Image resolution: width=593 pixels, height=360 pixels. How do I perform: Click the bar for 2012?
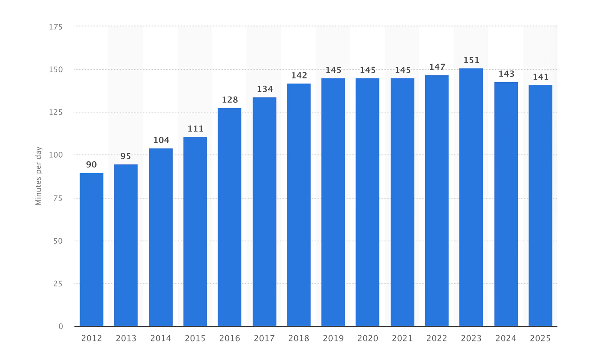click(x=91, y=249)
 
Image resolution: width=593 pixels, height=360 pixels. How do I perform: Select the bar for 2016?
click(x=230, y=217)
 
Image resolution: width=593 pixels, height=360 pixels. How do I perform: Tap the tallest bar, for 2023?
click(x=471, y=197)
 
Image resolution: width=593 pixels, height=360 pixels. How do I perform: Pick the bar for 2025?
click(x=540, y=205)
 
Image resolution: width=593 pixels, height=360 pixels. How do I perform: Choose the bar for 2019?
click(x=333, y=202)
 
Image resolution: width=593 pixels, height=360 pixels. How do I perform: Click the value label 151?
click(x=471, y=60)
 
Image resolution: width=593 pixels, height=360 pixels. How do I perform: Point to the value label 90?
click(x=91, y=165)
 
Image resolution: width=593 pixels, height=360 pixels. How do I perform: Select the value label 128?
click(x=230, y=100)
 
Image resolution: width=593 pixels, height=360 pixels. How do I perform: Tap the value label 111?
click(x=195, y=129)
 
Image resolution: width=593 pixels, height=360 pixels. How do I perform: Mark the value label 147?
click(x=437, y=67)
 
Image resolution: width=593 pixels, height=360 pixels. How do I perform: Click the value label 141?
click(x=541, y=77)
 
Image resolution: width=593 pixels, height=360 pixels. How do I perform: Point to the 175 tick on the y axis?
click(x=56, y=27)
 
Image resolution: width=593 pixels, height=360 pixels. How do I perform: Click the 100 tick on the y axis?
click(x=56, y=155)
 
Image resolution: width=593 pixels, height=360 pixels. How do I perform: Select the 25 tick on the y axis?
click(x=58, y=284)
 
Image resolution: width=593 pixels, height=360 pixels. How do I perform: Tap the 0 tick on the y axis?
click(x=61, y=327)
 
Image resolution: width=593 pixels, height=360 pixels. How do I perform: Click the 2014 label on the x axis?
click(x=160, y=338)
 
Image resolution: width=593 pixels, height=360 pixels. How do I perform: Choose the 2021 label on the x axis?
click(x=402, y=338)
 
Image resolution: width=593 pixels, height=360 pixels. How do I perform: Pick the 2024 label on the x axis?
click(x=506, y=338)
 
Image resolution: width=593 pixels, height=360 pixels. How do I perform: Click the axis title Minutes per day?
click(x=38, y=176)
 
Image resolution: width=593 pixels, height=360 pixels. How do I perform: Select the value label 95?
click(x=126, y=156)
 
